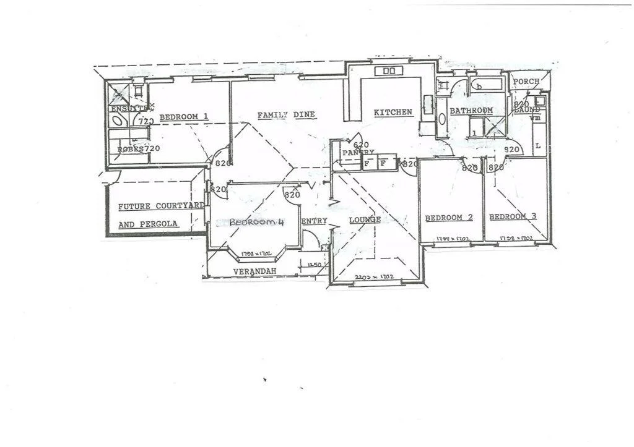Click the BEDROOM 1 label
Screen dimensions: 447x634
point(183,117)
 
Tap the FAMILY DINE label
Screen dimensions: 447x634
point(286,115)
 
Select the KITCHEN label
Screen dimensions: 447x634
point(393,113)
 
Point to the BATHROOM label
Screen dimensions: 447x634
point(471,111)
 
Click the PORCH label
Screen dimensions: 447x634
point(526,82)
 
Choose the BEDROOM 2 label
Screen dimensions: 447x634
point(449,218)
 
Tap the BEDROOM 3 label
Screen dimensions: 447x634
point(513,217)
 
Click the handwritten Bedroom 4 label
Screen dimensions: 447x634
point(256,223)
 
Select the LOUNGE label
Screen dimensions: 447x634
point(365,220)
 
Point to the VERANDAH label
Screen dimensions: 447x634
point(254,272)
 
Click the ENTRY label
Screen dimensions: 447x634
point(314,221)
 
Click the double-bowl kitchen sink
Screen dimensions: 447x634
point(389,71)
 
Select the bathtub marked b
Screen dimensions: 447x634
point(488,84)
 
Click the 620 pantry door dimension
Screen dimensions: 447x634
point(361,145)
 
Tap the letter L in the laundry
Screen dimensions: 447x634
point(537,146)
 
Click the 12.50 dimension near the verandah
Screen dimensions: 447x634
point(315,265)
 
